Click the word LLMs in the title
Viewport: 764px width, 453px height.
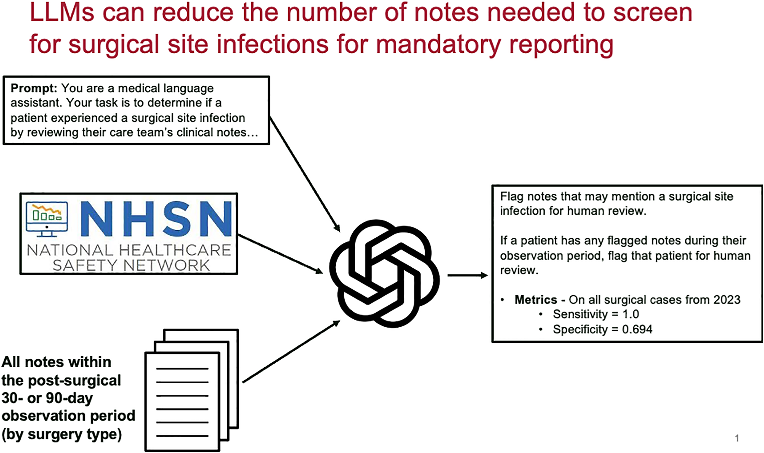click(62, 12)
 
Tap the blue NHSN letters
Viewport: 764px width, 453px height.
click(156, 218)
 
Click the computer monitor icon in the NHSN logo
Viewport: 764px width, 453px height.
click(47, 219)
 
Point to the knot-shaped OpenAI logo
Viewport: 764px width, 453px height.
click(384, 273)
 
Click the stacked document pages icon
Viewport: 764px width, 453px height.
click(192, 390)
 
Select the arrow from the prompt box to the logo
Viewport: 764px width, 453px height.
click(305, 175)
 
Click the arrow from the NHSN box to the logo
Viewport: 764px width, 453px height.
click(281, 254)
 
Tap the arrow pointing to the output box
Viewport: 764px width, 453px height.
click(468, 275)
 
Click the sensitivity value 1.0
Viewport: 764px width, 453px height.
click(631, 314)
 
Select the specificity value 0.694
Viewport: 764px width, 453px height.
click(637, 329)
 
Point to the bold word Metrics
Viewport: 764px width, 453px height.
click(536, 300)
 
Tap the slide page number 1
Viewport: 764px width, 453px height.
click(737, 438)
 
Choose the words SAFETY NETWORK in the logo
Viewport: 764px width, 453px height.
click(131, 265)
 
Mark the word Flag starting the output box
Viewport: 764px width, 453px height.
click(512, 196)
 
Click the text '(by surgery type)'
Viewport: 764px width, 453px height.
click(62, 435)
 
